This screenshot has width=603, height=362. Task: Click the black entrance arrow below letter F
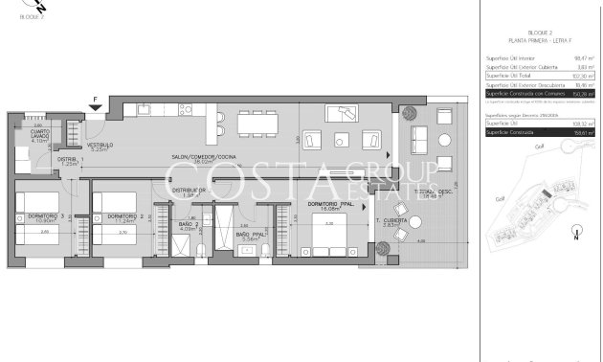[94, 104]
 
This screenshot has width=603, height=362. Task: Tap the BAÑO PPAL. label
[251, 234]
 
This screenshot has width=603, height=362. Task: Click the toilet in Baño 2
[198, 250]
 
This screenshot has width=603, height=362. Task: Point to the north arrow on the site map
[572, 230]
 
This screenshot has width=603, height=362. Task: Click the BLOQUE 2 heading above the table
[540, 33]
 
